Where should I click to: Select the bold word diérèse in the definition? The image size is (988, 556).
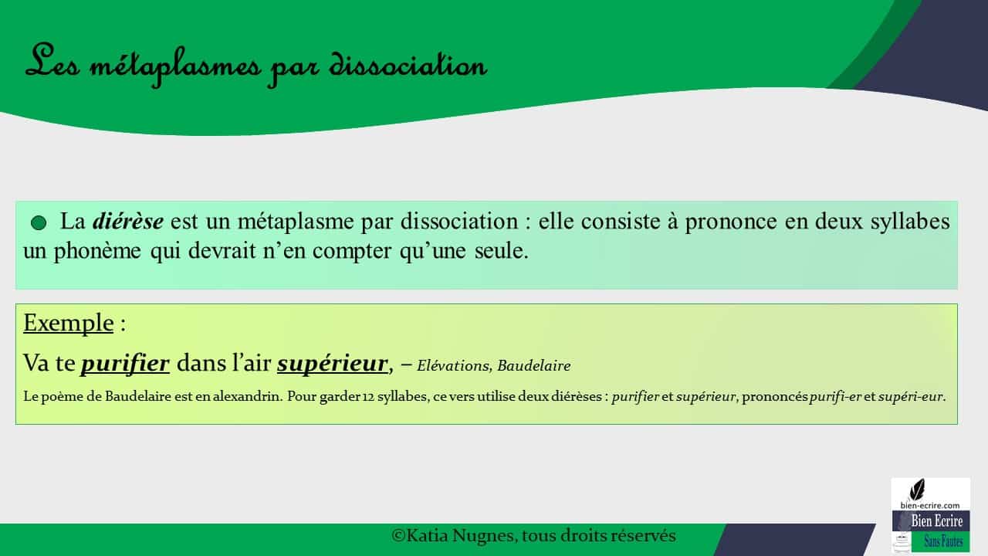click(x=127, y=222)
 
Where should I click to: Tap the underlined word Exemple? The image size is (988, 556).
click(x=68, y=322)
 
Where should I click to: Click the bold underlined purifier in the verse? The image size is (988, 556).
click(x=125, y=362)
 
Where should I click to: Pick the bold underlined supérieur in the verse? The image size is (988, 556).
click(x=332, y=362)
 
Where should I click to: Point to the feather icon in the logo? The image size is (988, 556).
click(x=918, y=489)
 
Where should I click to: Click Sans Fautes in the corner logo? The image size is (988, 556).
click(x=943, y=542)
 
